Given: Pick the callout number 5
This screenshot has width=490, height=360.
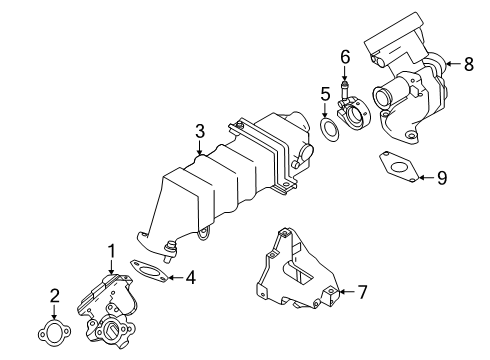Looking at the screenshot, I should (x=324, y=96).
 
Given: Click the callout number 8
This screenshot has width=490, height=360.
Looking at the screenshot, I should (x=468, y=64).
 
